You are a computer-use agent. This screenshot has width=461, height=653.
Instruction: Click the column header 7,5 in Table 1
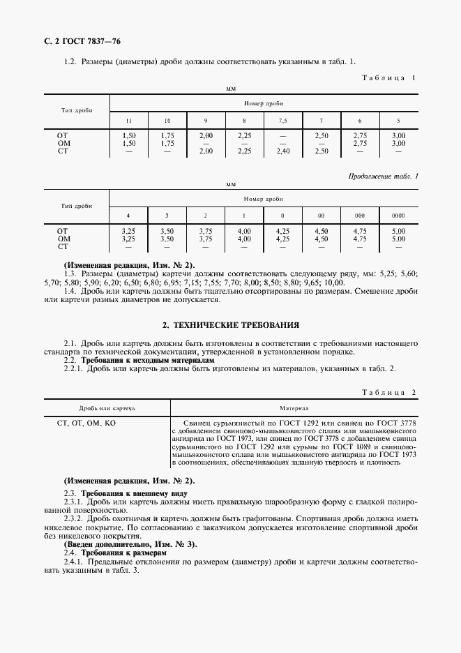(282, 120)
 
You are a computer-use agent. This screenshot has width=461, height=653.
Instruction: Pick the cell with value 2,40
(282, 151)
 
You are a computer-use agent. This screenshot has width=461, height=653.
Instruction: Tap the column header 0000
(398, 216)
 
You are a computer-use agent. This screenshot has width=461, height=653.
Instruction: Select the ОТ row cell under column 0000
(398, 230)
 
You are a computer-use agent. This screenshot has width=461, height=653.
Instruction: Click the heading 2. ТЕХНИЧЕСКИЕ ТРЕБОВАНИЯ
(230, 325)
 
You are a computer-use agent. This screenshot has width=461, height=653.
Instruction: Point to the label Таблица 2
(388, 393)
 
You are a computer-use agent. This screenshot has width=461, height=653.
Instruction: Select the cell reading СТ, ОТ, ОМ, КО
(86, 423)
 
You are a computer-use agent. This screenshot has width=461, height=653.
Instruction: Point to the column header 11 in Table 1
(128, 120)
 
